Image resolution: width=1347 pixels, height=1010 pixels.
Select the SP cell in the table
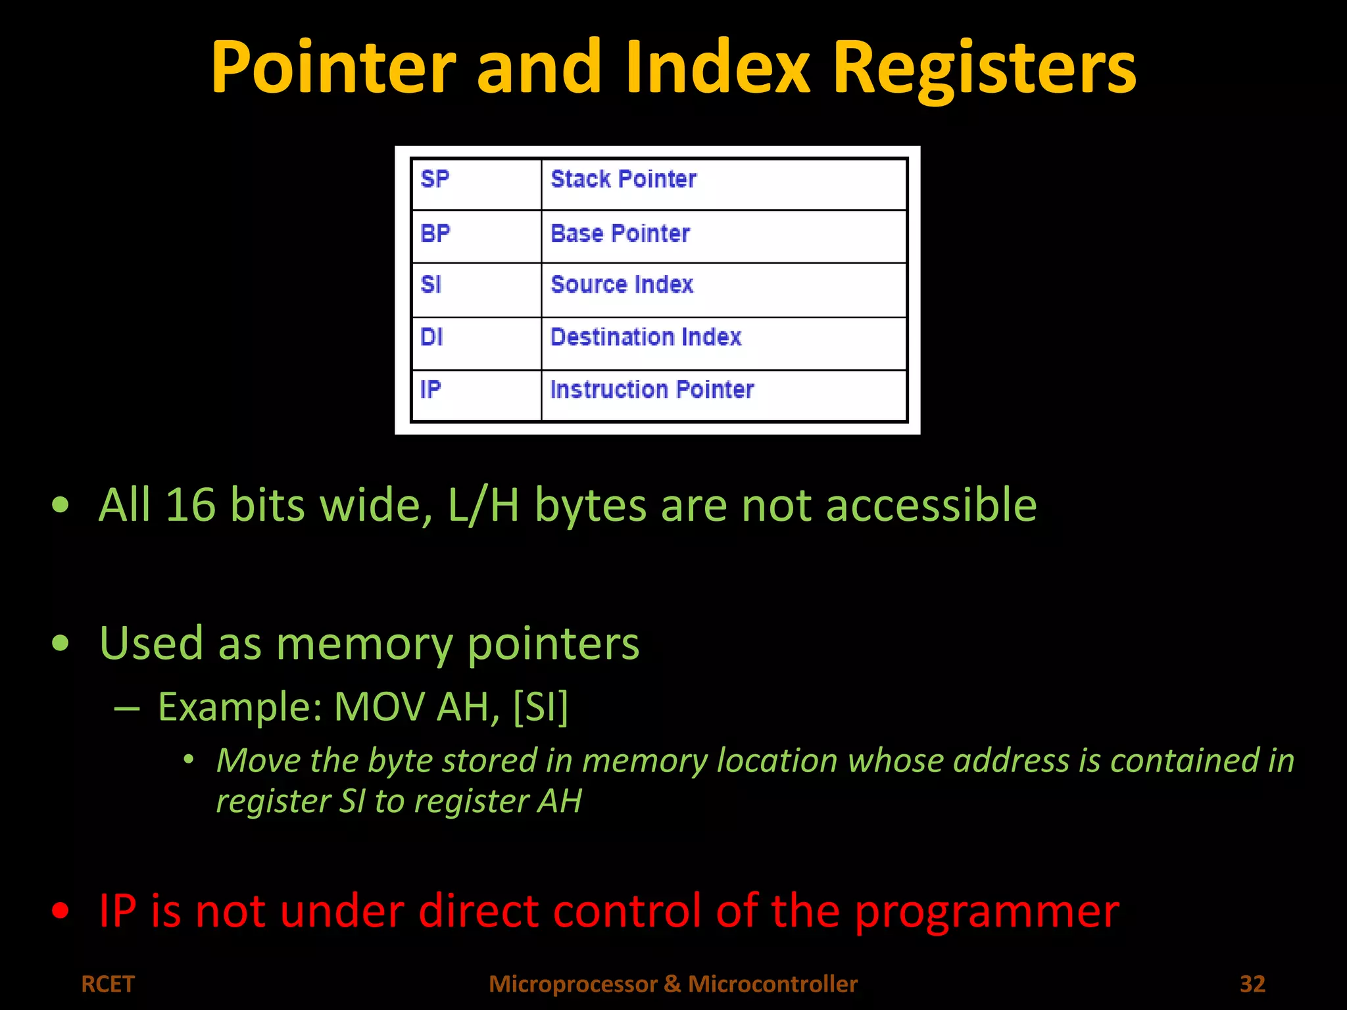click(435, 180)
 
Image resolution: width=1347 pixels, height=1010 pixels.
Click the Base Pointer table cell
click(620, 234)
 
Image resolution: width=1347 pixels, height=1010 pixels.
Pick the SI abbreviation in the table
click(431, 285)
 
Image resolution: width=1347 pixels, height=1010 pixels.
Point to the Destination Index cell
click(646, 337)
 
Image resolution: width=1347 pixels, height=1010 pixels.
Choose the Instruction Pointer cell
click(652, 390)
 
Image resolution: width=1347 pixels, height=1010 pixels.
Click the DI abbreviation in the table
click(431, 337)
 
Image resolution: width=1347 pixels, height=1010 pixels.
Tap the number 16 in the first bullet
click(190, 505)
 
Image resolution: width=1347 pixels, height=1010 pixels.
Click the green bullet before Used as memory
click(61, 642)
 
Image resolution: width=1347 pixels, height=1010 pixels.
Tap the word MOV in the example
click(379, 707)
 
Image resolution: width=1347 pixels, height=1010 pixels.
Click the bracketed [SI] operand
click(540, 707)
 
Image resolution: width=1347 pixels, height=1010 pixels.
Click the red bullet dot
click(61, 911)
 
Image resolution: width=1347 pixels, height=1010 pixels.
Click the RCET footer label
click(108, 984)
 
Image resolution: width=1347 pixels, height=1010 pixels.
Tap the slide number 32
click(1252, 984)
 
